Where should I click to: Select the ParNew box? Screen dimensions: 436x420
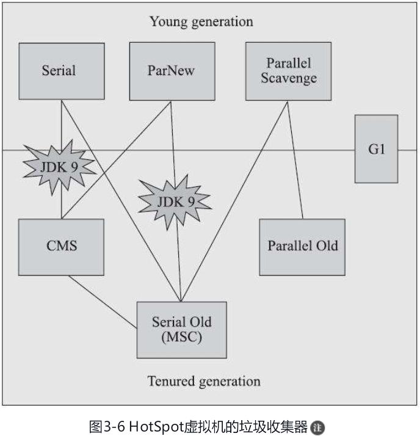(172, 71)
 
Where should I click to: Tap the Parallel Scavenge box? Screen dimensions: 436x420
(288, 71)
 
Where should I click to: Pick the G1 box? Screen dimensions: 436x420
(376, 149)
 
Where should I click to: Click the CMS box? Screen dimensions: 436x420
(61, 246)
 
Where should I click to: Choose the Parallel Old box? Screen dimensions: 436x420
(302, 246)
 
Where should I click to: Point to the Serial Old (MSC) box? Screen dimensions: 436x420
(181, 329)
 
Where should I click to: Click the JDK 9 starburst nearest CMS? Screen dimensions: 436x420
(59, 165)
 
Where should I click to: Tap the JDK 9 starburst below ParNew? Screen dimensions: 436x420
(175, 201)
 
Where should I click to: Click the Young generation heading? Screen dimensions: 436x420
(201, 22)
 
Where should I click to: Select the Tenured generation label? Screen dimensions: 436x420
(203, 382)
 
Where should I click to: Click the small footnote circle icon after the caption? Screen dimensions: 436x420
(317, 427)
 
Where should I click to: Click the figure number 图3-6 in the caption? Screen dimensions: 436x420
(107, 426)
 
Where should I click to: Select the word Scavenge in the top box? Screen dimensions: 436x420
(289, 78)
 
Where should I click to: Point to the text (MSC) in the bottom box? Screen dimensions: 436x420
(181, 336)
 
